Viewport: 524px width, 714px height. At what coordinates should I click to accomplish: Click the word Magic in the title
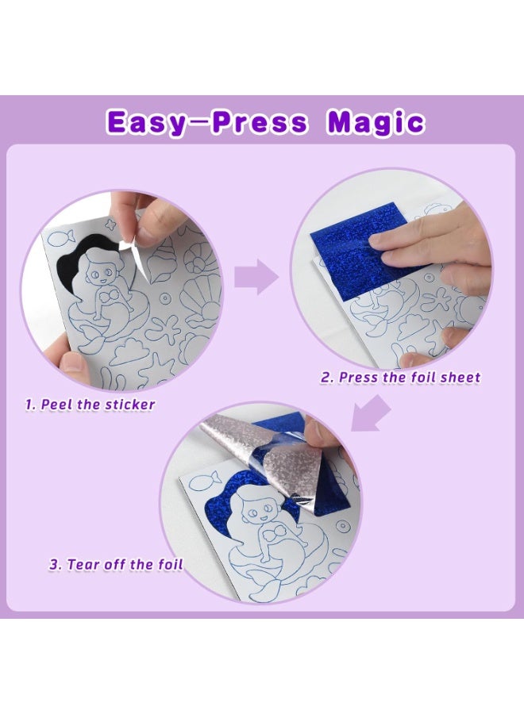376,122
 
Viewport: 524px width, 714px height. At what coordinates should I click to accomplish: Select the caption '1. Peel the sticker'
90,404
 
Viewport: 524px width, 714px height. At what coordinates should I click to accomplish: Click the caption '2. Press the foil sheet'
400,378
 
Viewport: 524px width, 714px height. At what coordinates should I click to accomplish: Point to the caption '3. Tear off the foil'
116,565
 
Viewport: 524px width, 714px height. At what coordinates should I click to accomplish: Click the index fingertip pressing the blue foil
380,239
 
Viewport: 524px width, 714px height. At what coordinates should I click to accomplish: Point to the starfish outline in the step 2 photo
437,300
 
